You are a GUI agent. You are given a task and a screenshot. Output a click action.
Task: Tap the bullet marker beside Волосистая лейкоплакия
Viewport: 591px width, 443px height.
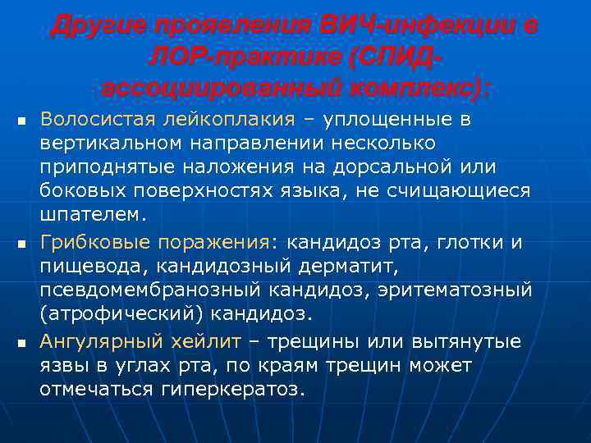[21, 122]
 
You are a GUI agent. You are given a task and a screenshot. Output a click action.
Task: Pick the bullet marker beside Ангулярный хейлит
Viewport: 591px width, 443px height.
[21, 342]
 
